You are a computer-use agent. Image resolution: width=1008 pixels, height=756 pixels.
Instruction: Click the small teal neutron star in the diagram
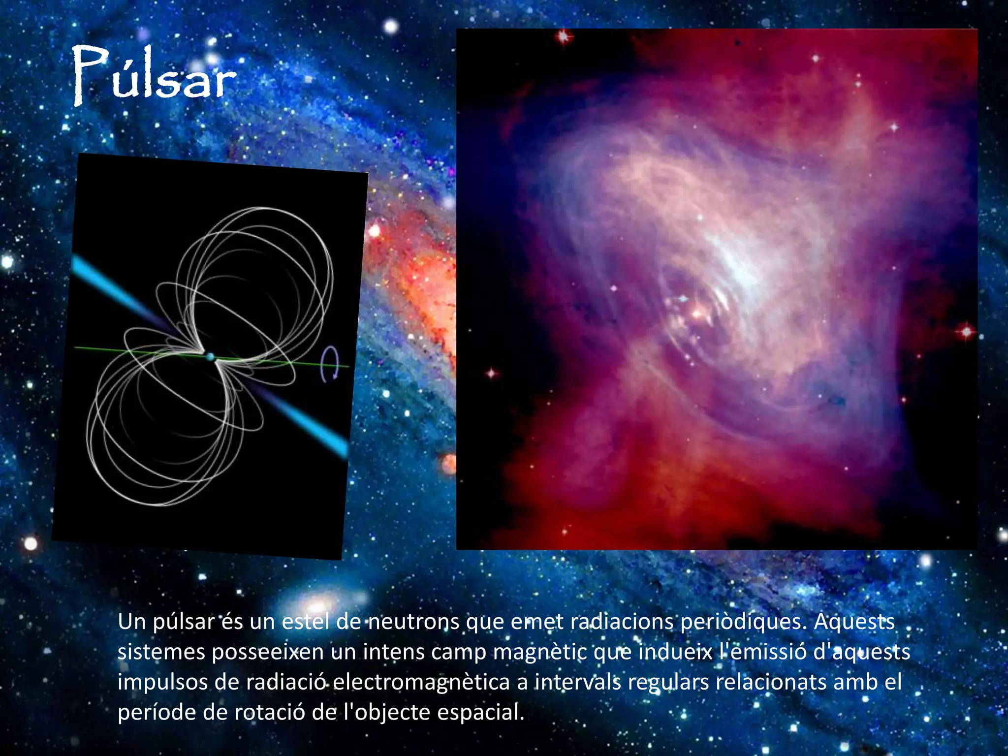coord(211,357)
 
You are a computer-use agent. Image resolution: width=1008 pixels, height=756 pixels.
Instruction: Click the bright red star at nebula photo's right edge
coord(966,332)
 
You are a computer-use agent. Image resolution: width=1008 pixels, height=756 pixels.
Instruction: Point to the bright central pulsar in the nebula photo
coord(697,312)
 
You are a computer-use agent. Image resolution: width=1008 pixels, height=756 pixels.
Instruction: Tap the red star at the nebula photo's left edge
coord(491,373)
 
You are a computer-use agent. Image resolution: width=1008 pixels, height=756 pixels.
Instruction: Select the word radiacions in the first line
coord(622,622)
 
